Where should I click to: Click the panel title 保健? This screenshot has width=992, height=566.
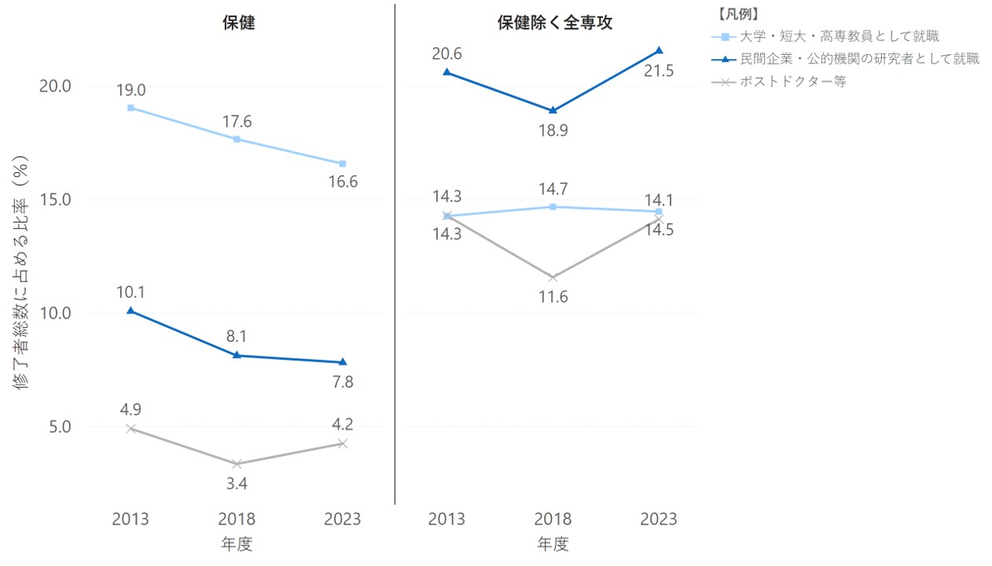[239, 23]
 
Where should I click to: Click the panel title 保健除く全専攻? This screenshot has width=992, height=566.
[555, 23]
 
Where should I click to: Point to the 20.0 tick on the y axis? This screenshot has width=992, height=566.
[55, 86]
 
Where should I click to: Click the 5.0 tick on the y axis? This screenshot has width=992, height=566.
[60, 427]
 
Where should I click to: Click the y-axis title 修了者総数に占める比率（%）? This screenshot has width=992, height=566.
[20, 272]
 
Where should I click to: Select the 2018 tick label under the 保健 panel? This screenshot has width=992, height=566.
[237, 519]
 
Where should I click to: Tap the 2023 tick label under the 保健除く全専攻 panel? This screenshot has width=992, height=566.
[659, 519]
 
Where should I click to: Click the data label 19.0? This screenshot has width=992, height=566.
[131, 90]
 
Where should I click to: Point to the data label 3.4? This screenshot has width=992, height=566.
[237, 483]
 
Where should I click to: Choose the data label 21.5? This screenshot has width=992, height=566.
[659, 71]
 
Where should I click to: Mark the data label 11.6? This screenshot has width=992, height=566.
[553, 296]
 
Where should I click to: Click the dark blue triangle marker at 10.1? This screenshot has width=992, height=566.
[130, 311]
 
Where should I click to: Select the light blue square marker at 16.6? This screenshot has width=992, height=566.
[343, 164]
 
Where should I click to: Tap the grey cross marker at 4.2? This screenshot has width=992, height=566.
[343, 444]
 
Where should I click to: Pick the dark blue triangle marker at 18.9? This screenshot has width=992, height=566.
[553, 110]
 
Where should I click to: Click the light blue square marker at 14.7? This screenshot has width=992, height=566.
[553, 207]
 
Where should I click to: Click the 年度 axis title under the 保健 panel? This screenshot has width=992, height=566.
[237, 544]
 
